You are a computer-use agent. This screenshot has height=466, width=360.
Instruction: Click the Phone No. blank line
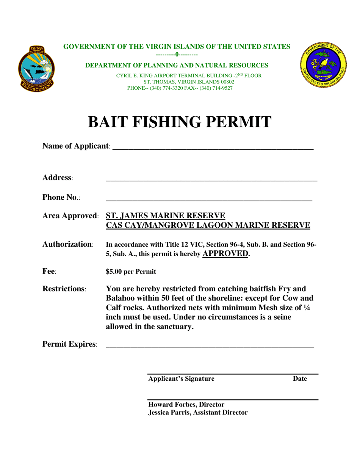point(208,199)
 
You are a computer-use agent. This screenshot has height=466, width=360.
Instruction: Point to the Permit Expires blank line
point(210,346)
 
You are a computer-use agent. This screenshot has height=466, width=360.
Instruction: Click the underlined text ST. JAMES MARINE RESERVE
point(166,216)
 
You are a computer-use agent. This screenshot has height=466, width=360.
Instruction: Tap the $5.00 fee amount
point(115,272)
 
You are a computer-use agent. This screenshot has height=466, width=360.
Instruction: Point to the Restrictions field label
point(65,289)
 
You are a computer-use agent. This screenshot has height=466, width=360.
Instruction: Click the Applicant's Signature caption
point(181,379)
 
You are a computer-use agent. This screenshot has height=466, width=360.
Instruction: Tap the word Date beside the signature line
point(300,379)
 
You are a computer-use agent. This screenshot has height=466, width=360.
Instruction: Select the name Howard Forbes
point(171,405)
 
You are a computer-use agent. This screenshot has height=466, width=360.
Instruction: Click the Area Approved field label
point(71,216)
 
